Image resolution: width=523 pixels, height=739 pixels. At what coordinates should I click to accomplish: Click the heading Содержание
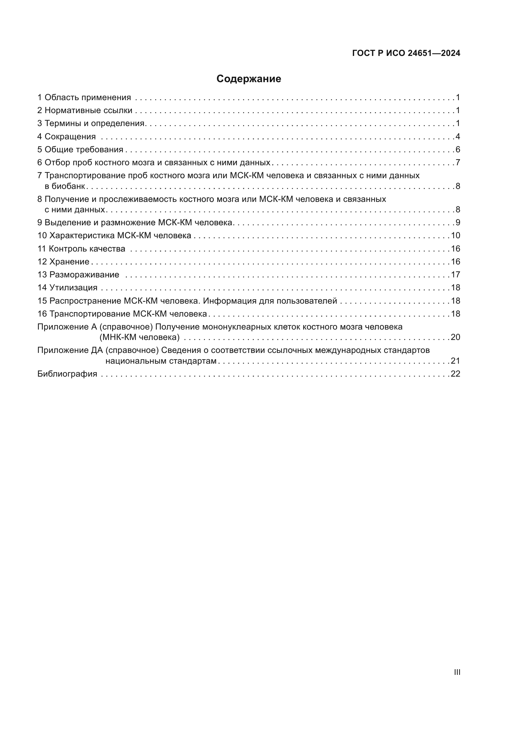(248, 79)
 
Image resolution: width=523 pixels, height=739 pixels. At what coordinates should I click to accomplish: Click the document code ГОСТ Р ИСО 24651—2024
(406, 53)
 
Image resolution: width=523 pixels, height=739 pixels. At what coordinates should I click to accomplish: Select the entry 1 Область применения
(84, 98)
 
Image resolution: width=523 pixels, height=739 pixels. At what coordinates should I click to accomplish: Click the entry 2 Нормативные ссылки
(85, 110)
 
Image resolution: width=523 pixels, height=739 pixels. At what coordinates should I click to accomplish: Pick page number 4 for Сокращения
(458, 136)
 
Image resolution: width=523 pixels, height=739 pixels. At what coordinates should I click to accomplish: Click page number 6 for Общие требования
(458, 149)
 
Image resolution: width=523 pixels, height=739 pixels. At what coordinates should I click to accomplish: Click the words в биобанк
(65, 186)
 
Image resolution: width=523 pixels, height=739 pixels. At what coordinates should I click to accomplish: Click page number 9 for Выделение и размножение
(458, 223)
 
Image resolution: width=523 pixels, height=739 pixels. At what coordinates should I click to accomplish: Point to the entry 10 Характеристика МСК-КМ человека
(114, 236)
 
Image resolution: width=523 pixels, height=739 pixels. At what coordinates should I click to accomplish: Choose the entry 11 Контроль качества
(81, 249)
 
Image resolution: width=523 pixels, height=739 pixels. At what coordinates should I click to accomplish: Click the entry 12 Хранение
(64, 262)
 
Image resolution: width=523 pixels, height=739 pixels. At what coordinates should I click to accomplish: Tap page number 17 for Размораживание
(455, 275)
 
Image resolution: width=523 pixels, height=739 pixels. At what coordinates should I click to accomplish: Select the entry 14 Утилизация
(67, 288)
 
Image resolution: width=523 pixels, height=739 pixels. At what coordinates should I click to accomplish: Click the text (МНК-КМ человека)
(139, 337)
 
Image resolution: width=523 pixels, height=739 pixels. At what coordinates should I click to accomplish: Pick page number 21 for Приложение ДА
(455, 361)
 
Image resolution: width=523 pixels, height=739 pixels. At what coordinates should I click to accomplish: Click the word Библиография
(67, 374)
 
